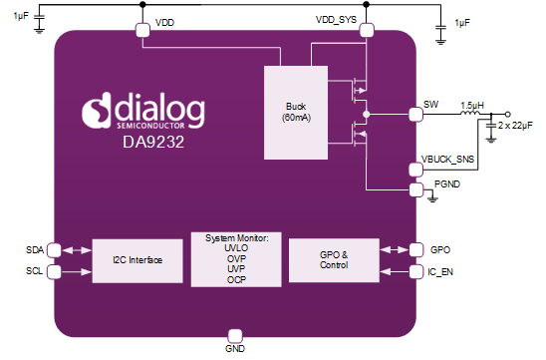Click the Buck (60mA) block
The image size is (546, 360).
pyautogui.click(x=295, y=113)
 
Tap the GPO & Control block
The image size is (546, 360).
pyautogui.click(x=334, y=259)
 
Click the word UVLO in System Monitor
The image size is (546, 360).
pyautogui.click(x=237, y=249)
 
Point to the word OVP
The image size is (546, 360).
pyautogui.click(x=237, y=259)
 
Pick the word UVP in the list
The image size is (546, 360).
pyautogui.click(x=237, y=269)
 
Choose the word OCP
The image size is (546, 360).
pyautogui.click(x=237, y=279)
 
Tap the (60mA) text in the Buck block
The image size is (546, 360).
pyautogui.click(x=295, y=119)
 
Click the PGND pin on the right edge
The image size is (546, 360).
pyautogui.click(x=416, y=184)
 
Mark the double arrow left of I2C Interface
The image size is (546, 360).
pyautogui.click(x=78, y=259)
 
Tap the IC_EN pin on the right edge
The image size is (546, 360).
pyautogui.click(x=416, y=270)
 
